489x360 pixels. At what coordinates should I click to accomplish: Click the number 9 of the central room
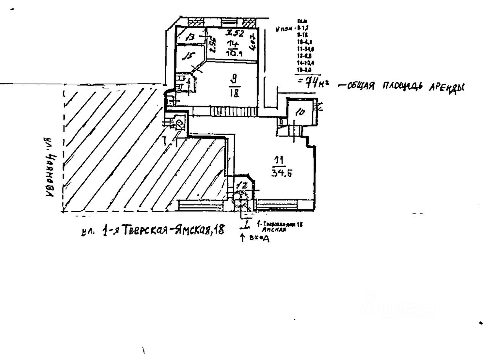pos(234,80)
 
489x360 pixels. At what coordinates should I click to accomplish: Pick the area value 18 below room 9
pos(234,93)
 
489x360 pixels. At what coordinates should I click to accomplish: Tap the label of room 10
pos(300,112)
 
